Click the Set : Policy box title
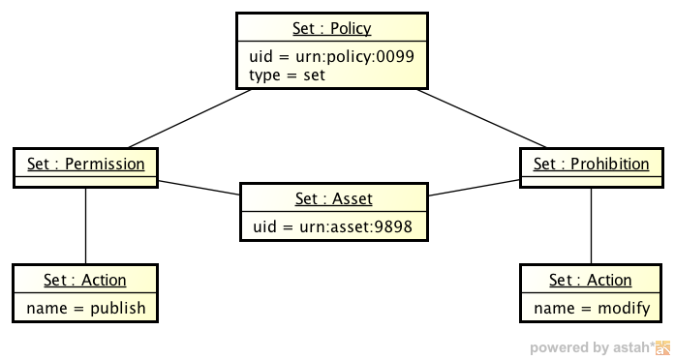(x=331, y=28)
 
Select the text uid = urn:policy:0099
(x=331, y=56)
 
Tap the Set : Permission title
(x=86, y=164)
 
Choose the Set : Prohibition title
(x=591, y=164)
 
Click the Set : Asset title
(x=333, y=198)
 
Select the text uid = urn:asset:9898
(x=333, y=226)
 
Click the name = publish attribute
(x=86, y=308)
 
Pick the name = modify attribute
(x=591, y=308)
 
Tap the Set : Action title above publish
(x=85, y=280)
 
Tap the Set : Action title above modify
(x=591, y=280)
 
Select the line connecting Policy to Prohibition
(x=484, y=119)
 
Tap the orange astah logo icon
(x=663, y=347)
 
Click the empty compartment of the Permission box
(x=86, y=181)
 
